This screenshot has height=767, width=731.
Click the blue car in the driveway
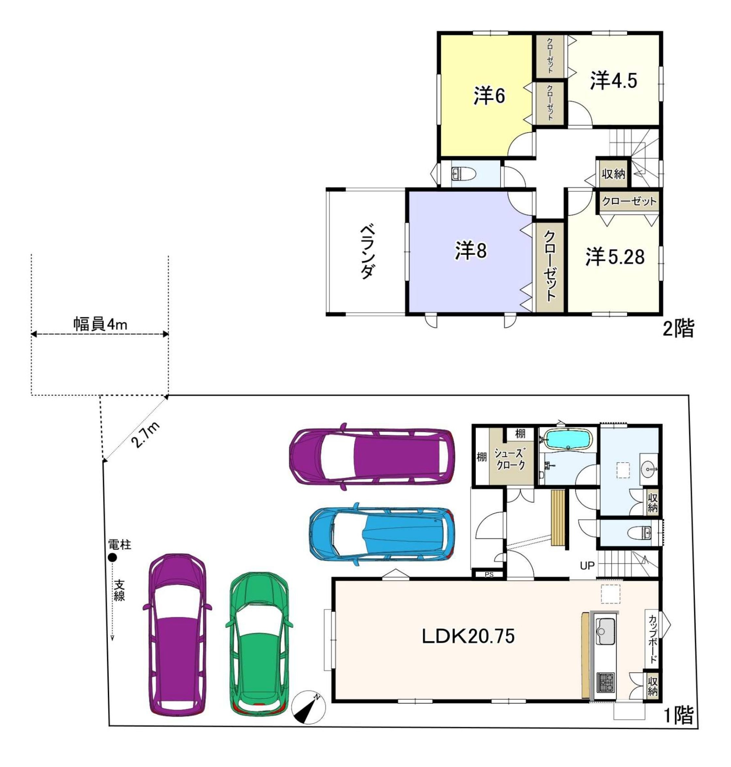[382, 534]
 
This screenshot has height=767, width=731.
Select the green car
[258, 644]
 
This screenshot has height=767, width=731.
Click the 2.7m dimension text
[145, 434]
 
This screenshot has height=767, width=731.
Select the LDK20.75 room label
[468, 636]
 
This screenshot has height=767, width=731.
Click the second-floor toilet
[463, 173]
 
